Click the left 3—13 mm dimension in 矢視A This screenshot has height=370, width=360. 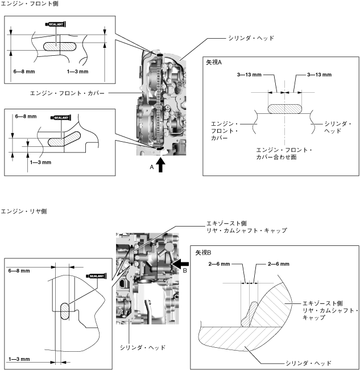pyautogui.click(x=249, y=75)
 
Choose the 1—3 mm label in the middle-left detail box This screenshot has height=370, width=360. pyautogui.click(x=40, y=162)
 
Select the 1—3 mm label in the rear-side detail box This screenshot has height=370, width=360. pyautogui.click(x=19, y=359)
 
